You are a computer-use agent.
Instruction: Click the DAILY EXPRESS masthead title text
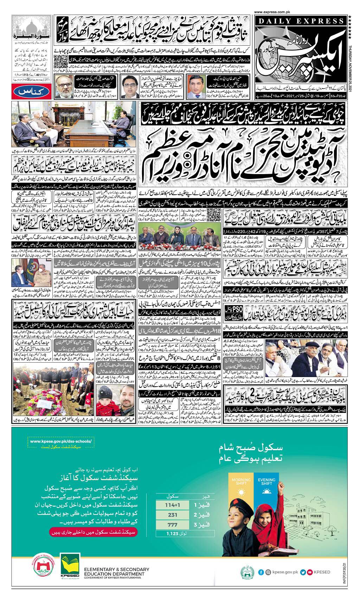[x=301, y=21]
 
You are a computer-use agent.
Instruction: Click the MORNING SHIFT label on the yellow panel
[x=242, y=481]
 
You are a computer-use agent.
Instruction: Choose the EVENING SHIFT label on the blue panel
[x=266, y=481]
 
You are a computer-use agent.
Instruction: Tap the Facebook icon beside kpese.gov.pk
[x=261, y=572]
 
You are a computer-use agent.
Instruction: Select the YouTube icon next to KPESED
[x=309, y=572]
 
